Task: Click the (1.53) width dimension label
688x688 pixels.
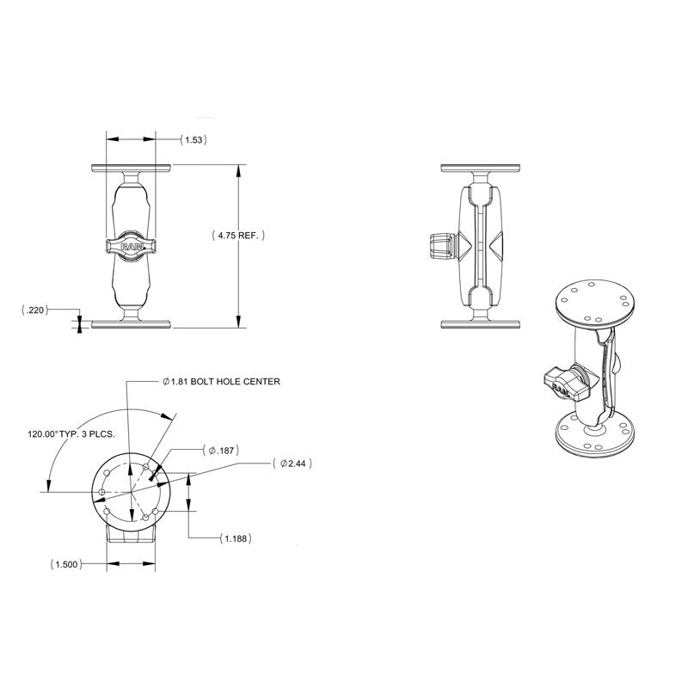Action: click(194, 138)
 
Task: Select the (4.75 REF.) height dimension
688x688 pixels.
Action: click(238, 235)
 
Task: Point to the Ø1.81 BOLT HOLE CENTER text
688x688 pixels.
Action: click(221, 382)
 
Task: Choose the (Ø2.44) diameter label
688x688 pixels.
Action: click(292, 464)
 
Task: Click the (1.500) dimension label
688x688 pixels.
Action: click(67, 565)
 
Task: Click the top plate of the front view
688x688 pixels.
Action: click(131, 167)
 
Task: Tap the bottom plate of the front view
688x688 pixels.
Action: click(131, 324)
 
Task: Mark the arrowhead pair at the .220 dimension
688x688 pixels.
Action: click(80, 323)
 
